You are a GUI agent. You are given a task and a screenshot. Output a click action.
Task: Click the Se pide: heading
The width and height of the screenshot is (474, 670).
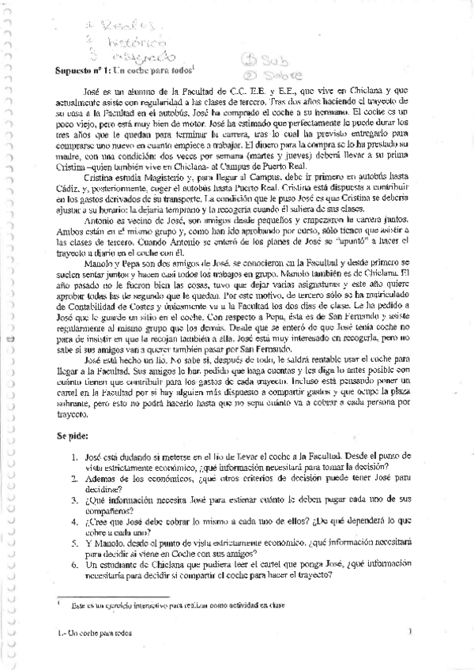tap(74, 435)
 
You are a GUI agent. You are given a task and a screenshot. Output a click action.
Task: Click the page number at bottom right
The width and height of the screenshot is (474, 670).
tap(411, 632)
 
